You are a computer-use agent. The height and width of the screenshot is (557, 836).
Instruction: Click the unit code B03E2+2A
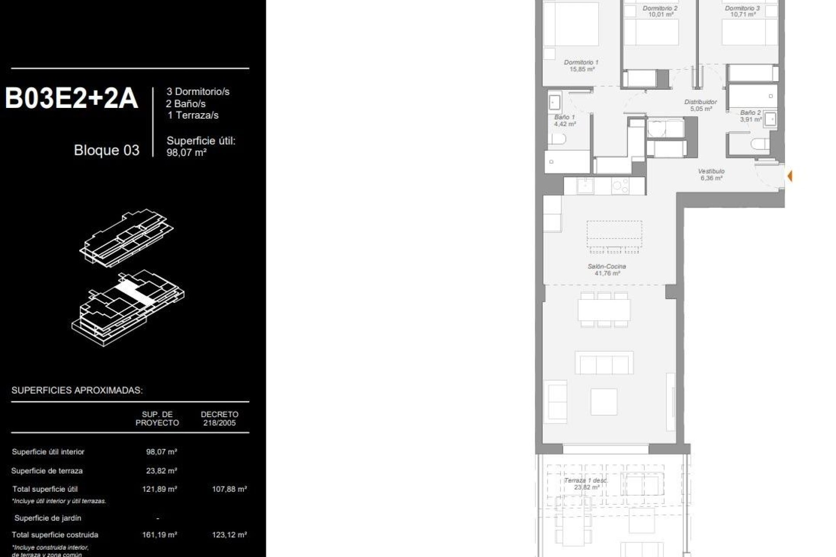point(71,99)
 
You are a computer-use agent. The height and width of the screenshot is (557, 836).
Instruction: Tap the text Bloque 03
point(107,150)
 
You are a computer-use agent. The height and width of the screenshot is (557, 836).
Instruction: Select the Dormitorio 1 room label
point(581,66)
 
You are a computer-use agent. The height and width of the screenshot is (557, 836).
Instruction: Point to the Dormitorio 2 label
point(660,11)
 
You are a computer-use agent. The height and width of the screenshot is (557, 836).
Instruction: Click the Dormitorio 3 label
point(742,11)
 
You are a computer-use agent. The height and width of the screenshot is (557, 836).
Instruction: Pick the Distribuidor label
point(701,105)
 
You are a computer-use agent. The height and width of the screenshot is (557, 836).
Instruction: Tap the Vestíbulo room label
point(711,174)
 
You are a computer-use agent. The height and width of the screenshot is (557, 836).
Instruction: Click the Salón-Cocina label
point(607,270)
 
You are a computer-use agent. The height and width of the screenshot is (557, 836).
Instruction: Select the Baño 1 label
point(565,121)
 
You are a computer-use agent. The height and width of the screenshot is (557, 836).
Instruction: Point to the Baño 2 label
point(751,116)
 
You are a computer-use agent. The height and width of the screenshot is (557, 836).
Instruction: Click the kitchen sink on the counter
point(585,186)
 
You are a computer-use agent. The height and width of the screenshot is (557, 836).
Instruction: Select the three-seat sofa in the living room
point(604,362)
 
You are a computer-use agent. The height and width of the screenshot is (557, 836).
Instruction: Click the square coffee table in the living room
point(604,401)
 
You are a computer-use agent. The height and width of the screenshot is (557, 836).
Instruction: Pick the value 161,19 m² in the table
point(159,535)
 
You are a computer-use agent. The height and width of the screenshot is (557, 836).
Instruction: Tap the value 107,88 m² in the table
point(229,489)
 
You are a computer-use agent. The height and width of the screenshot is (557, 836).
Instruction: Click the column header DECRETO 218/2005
point(219,419)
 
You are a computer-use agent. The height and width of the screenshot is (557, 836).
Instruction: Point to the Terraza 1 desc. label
point(586,484)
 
